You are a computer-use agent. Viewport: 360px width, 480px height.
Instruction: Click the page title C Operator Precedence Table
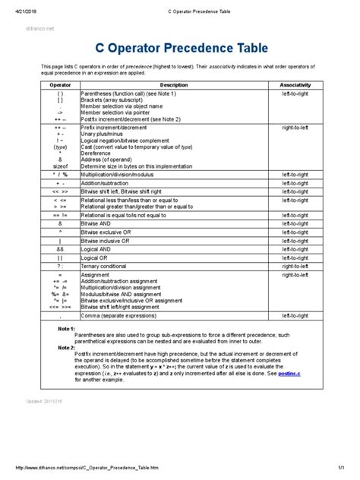[x=179, y=49]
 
